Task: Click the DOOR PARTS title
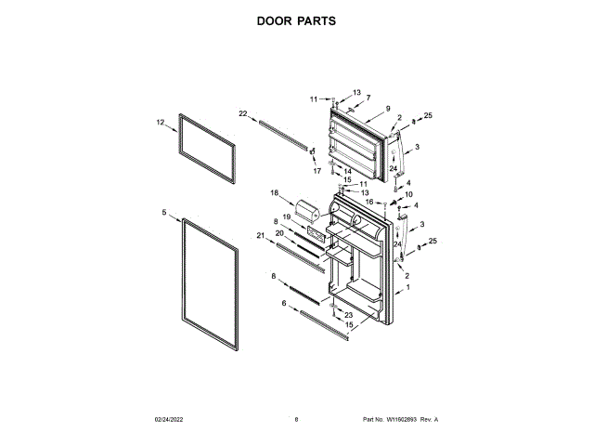[x=296, y=20]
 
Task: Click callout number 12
[x=161, y=122]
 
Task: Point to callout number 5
[x=164, y=213]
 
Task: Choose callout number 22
[x=243, y=113]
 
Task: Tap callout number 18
[x=274, y=192]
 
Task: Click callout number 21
[x=262, y=235]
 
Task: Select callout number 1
[x=408, y=288]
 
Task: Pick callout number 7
[x=367, y=98]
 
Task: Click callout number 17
[x=316, y=171]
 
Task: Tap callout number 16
[x=368, y=202]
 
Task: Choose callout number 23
[x=349, y=315]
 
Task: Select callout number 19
[x=287, y=216]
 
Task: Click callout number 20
[x=279, y=233]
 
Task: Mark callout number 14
[x=347, y=171]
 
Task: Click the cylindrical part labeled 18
[x=307, y=212]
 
